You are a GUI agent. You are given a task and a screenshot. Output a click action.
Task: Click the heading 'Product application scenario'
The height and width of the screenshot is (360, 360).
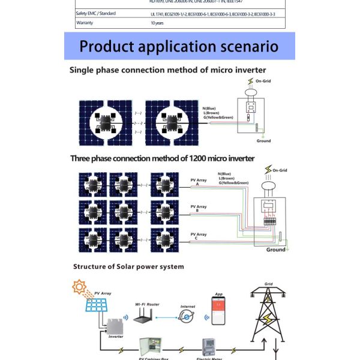(x=179, y=46)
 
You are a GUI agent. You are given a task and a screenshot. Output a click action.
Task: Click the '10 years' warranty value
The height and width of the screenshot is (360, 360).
(x=157, y=23)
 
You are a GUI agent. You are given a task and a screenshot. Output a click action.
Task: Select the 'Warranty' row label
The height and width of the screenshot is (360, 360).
(x=86, y=23)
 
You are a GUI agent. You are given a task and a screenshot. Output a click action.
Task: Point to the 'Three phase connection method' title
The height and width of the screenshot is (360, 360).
(x=163, y=158)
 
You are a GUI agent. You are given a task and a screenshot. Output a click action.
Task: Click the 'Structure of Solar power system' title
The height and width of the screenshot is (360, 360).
(x=128, y=266)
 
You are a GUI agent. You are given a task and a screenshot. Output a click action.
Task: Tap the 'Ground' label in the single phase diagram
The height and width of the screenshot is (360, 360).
(x=263, y=141)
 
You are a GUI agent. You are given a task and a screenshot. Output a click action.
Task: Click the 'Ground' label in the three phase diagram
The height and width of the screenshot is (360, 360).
(x=276, y=250)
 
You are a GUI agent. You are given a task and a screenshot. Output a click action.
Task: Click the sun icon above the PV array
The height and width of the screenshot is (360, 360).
(x=79, y=287)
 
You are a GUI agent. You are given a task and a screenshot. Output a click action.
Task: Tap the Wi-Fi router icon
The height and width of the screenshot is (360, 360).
(x=142, y=318)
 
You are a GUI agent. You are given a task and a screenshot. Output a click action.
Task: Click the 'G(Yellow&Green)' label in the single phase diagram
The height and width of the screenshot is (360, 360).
(x=218, y=118)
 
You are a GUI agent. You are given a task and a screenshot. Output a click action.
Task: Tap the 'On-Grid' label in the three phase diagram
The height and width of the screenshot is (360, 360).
(x=280, y=170)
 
